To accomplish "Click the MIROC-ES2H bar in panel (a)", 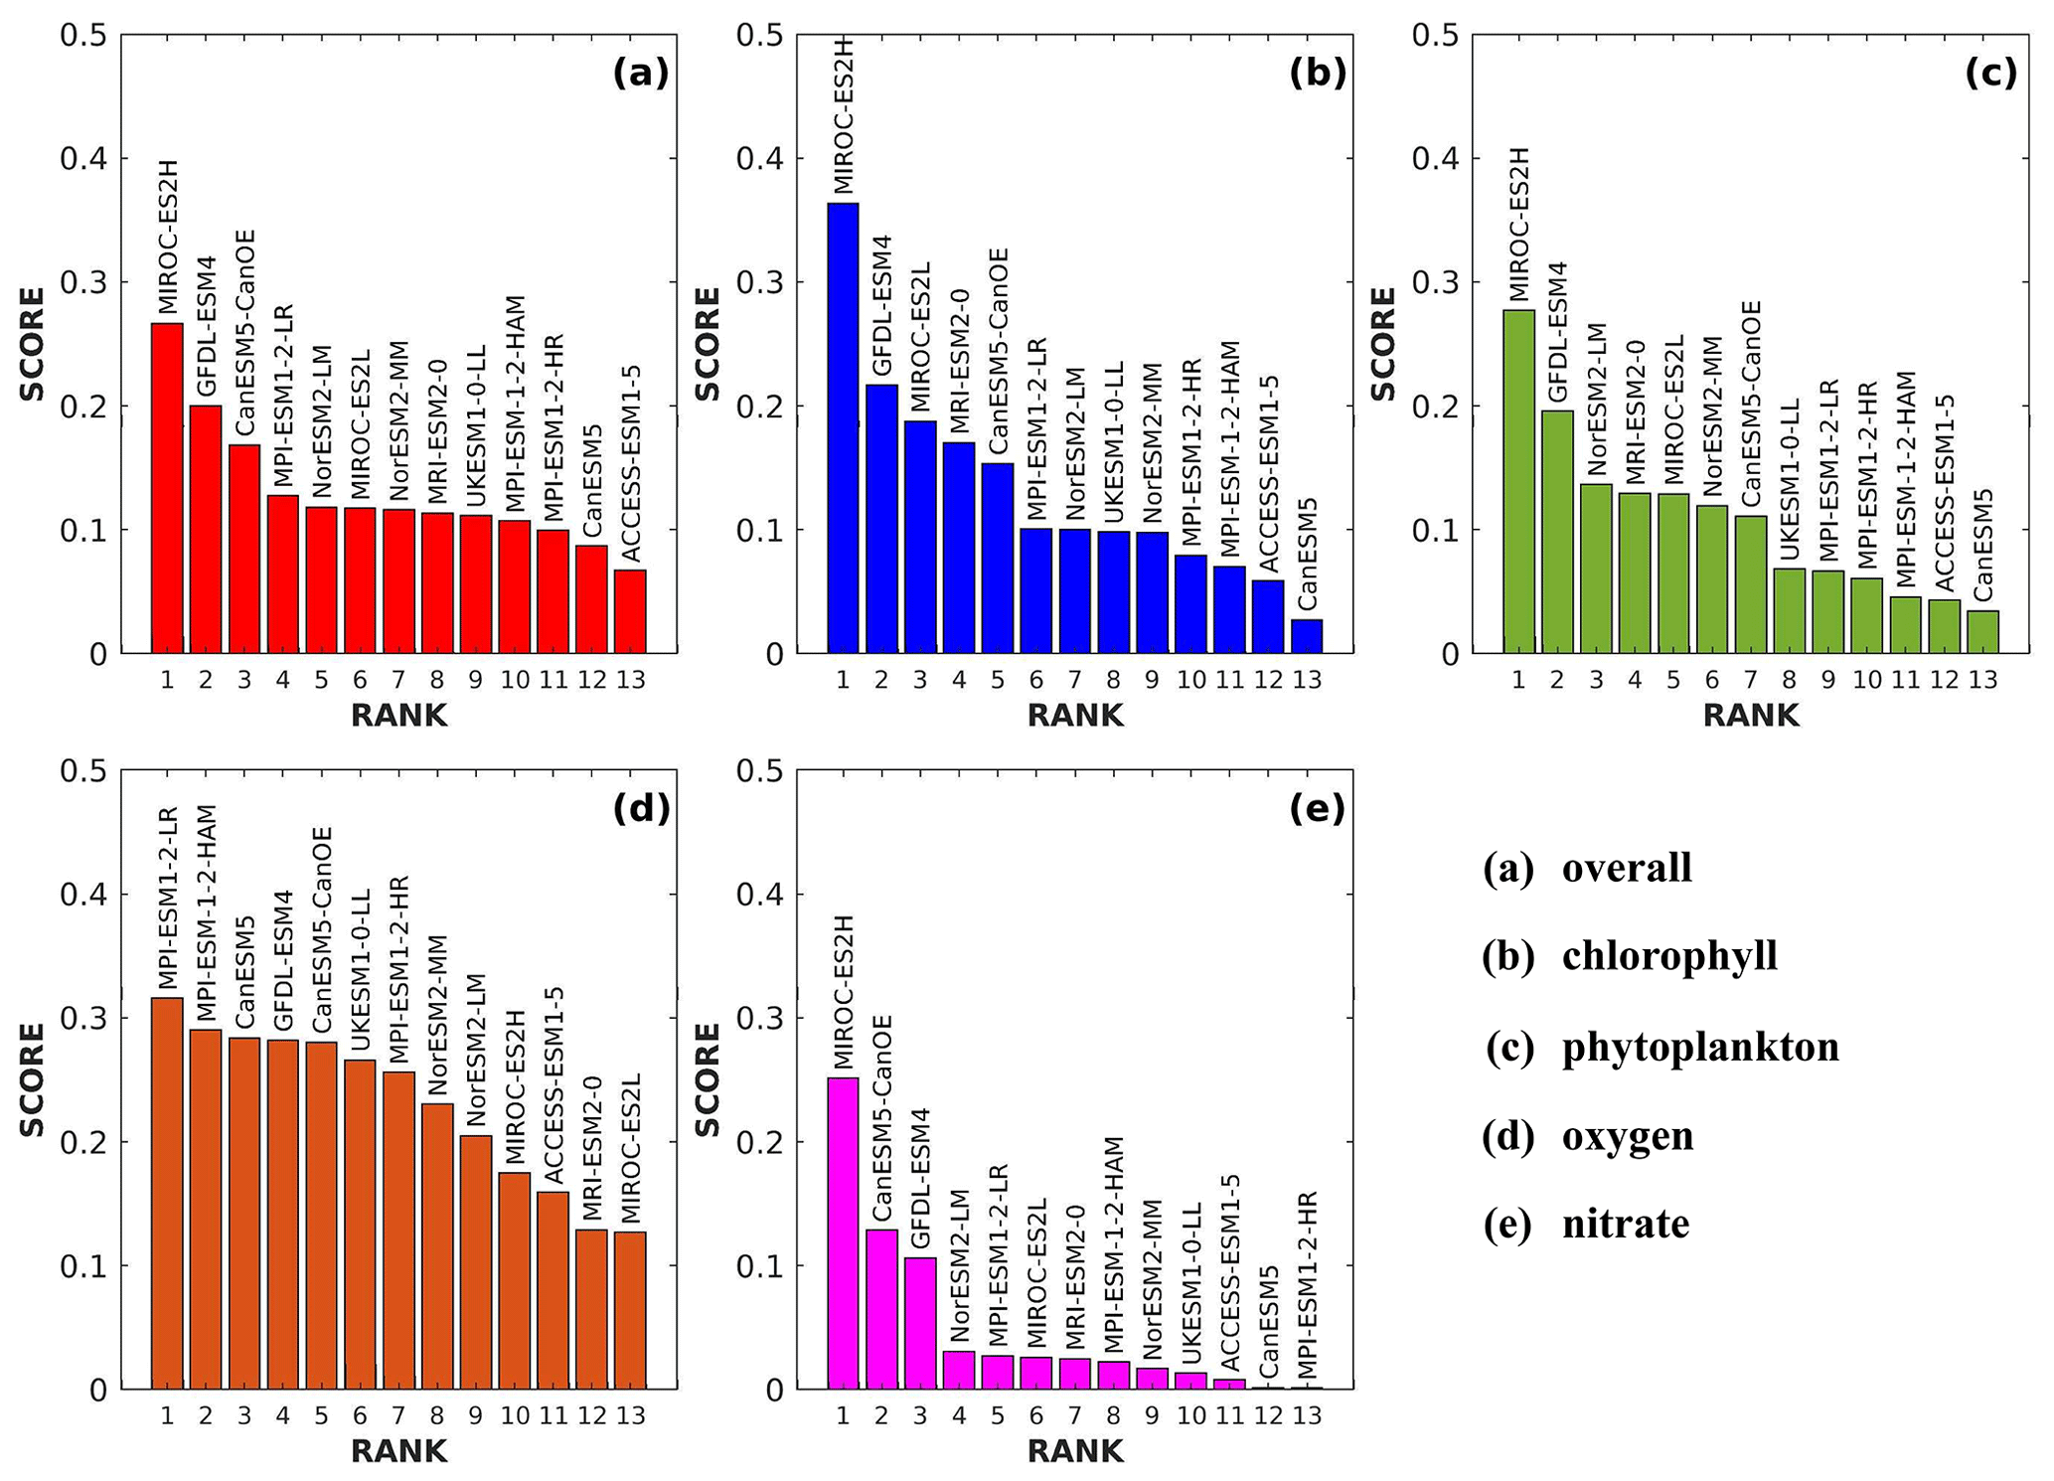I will (167, 487).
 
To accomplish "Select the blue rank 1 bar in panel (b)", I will (843, 427).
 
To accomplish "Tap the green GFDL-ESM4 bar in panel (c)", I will (1557, 532).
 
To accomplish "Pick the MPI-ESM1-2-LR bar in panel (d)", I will (167, 1193).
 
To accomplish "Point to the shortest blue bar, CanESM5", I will (1307, 636).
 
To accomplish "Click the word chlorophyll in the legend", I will (1669, 956).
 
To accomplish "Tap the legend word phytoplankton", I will (1700, 1047).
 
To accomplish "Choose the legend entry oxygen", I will (1628, 1135).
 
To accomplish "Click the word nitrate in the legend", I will (1626, 1224).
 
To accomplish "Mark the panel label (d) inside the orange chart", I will (641, 809).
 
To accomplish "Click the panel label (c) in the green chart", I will (1990, 73).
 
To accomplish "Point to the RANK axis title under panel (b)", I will (1075, 716).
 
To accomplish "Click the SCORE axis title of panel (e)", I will (707, 1079).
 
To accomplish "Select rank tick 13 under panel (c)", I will (1982, 680).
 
